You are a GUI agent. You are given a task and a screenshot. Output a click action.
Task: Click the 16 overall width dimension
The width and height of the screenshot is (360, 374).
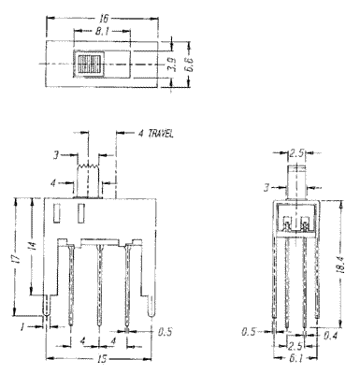pos(104,19)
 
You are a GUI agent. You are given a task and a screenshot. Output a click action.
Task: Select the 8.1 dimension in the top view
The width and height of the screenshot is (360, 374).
pos(102,31)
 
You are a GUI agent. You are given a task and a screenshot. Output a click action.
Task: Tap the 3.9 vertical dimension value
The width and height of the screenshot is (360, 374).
pos(173,65)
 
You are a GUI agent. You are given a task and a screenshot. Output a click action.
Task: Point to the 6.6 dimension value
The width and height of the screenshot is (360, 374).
pos(191,65)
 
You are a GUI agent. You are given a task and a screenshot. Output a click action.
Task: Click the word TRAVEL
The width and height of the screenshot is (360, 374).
pos(161,134)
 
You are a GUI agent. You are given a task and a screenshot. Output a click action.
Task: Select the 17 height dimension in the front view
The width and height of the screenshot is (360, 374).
pos(18,256)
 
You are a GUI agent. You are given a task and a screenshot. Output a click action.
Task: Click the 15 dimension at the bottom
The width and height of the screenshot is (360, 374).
pos(102,359)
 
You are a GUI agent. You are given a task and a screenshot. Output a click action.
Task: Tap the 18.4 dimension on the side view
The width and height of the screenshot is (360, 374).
pos(340,264)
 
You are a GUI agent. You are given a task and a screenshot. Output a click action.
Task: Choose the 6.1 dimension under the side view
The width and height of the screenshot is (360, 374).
pos(295,358)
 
